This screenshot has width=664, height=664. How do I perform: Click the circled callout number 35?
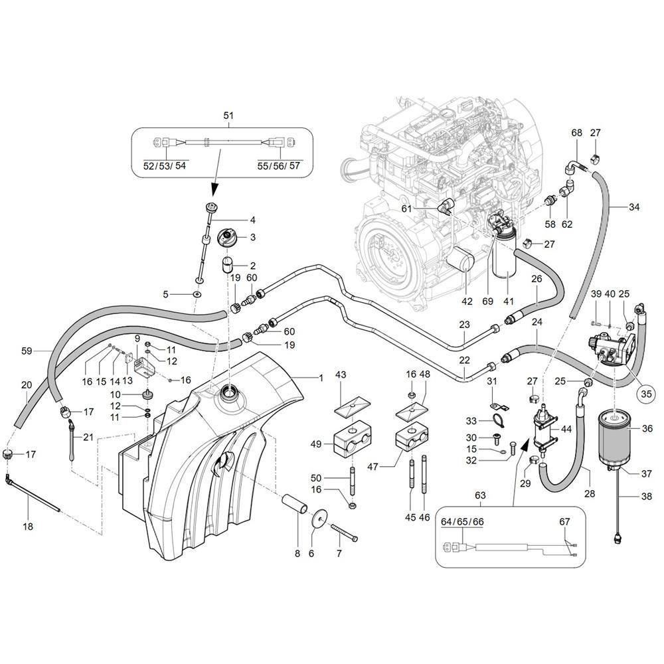646,394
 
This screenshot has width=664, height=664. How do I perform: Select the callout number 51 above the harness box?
228,115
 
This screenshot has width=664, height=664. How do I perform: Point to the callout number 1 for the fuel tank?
321,378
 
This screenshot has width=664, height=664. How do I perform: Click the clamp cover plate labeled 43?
351,406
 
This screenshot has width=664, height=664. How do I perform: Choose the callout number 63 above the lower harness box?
480,495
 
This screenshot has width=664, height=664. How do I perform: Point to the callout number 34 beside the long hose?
634,207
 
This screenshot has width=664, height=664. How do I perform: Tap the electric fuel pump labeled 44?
543,427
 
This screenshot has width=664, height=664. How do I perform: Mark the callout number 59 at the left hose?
27,351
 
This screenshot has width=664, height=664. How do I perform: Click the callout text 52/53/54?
165,165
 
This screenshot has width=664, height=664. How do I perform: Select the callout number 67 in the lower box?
565,522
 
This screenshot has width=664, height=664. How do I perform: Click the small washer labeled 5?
197,294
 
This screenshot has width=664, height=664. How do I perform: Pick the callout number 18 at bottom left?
28,527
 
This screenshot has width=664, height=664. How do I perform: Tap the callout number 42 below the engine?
467,301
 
